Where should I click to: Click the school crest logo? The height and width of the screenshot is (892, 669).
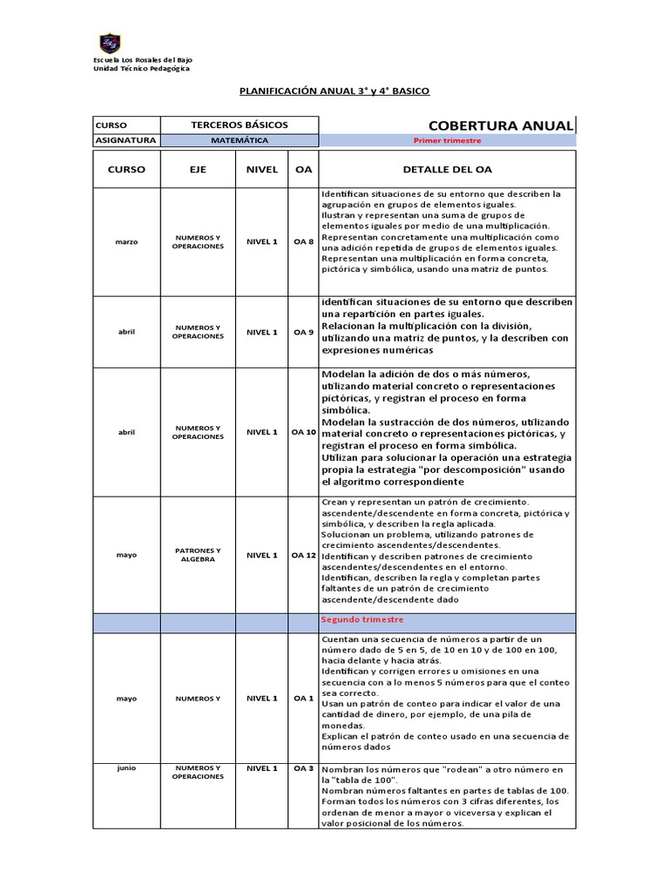coord(110,43)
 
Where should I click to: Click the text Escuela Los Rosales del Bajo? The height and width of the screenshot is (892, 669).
coord(143,59)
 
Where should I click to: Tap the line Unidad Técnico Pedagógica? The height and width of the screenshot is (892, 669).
coord(141,69)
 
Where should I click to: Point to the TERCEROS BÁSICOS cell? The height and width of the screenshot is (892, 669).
coord(240,125)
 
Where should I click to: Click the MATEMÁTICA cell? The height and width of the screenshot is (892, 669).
coord(240,140)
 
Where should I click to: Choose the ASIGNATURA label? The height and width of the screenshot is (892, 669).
coord(125,140)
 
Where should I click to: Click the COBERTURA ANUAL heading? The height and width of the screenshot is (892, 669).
coord(500,125)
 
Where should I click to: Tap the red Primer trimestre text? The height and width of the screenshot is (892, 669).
coord(447,140)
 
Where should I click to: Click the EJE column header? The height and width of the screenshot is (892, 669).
coord(198,170)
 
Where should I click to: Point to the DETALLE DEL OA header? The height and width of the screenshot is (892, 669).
coord(447,170)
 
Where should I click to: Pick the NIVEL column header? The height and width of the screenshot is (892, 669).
coord(262,170)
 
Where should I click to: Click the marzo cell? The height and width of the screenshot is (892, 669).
coord(126,242)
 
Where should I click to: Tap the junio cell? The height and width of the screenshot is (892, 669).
coord(126,768)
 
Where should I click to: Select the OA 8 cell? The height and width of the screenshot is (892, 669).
coord(303,242)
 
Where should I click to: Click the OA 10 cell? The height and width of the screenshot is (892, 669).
coord(303,432)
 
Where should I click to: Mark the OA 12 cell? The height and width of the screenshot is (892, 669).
coord(303,555)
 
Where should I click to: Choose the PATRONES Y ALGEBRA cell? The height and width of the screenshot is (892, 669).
coord(198,555)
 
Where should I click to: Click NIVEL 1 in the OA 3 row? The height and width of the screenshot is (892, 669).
coord(262,768)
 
